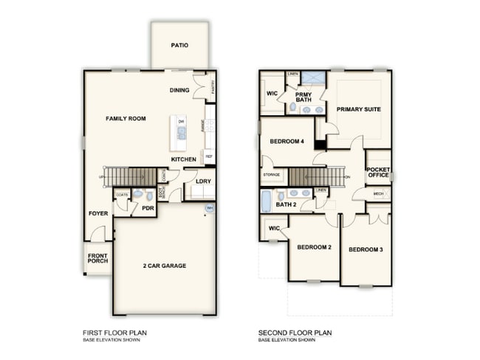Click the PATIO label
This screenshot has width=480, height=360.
pyautogui.click(x=179, y=45)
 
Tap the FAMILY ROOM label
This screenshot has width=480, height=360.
pyautogui.click(x=126, y=118)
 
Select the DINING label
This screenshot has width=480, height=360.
pyautogui.click(x=179, y=91)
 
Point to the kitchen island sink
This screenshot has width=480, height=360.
pyautogui.click(x=180, y=134)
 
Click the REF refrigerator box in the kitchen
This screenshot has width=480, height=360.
pyautogui.click(x=209, y=156)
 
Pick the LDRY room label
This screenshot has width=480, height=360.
pyautogui.click(x=204, y=181)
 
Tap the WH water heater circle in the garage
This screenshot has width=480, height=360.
pyautogui.click(x=209, y=209)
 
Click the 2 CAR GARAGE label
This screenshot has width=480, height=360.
pyautogui.click(x=164, y=266)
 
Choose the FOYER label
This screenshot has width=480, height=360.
pyautogui.click(x=98, y=214)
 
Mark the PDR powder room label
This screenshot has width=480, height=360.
pyautogui.click(x=148, y=208)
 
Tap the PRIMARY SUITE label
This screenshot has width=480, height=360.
pyautogui.click(x=358, y=109)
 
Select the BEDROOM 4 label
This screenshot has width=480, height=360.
pyautogui.click(x=287, y=142)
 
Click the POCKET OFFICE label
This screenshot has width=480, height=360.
pyautogui.click(x=378, y=173)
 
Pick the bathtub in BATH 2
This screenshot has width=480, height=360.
pyautogui.click(x=267, y=201)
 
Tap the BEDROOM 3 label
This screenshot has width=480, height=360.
pyautogui.click(x=366, y=249)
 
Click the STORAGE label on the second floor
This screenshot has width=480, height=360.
pyautogui.click(x=272, y=176)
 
